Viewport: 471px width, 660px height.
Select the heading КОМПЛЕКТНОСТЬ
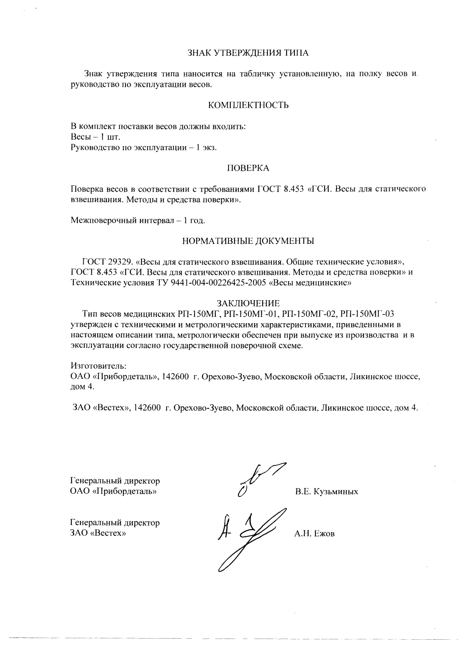[x=248, y=105]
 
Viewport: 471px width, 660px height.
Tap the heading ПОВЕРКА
[x=248, y=168]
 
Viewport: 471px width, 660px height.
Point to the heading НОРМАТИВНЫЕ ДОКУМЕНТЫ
[x=248, y=241]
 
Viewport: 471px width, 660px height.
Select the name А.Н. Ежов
[x=314, y=534]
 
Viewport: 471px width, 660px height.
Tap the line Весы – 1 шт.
[x=95, y=137]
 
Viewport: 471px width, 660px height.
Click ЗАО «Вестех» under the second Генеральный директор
[x=98, y=533]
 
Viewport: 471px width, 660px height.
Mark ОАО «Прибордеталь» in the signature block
[x=113, y=492]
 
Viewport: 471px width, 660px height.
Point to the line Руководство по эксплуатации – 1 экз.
[x=144, y=148]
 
